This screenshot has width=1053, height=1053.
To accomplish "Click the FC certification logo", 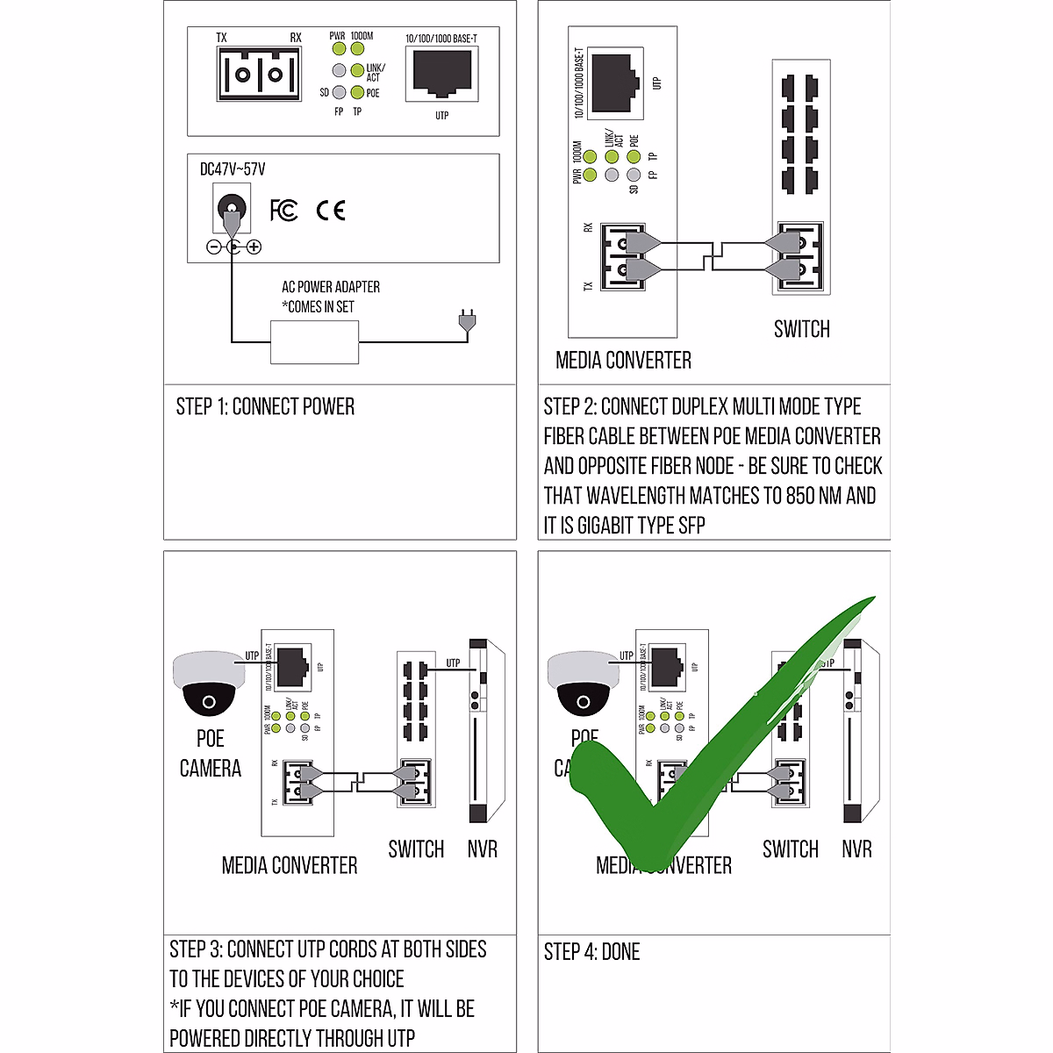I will coord(283,211).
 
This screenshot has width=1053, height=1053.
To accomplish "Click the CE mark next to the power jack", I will coord(331,211).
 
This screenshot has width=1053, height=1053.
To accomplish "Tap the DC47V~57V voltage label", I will coord(233,169).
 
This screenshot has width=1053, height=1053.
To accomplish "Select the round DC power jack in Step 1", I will coord(231,210).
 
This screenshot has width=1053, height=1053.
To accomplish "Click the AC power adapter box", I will coord(315,342).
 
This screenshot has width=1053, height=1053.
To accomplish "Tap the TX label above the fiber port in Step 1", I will coord(221,38).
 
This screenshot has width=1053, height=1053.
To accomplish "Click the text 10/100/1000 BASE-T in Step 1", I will coord(441,39).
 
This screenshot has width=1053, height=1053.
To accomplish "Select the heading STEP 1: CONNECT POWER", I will coord(265,406).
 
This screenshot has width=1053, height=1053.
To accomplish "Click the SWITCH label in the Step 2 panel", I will coord(801,329).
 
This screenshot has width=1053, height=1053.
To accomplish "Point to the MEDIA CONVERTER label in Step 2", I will coord(623,360).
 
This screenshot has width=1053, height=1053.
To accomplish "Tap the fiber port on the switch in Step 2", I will coord(799,257).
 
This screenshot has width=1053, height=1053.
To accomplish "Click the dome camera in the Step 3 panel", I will coord(209,682).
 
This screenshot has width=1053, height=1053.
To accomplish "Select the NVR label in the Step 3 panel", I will coord(482,849).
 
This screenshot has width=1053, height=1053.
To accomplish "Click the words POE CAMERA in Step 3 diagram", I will coord(210,754).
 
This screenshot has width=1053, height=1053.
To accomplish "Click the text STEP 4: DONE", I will coord(591,952).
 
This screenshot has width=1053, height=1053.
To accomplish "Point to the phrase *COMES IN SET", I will coord(318,307).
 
